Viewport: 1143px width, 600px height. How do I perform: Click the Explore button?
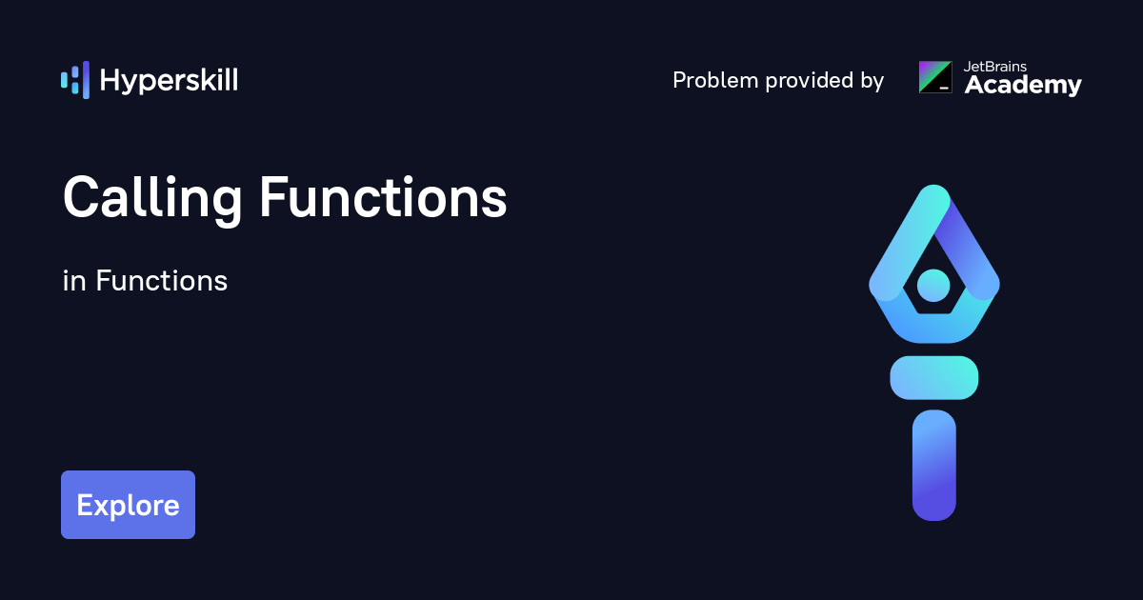tap(128, 505)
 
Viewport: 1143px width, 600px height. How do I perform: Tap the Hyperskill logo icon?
tap(75, 80)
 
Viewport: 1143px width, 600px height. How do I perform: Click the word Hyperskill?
tap(169, 81)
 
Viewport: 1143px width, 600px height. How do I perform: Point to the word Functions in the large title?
tap(383, 197)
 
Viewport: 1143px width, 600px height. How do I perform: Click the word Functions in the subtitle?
tap(161, 281)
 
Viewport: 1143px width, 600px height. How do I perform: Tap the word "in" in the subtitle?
tap(74, 281)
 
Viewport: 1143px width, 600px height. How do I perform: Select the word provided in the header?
tap(810, 81)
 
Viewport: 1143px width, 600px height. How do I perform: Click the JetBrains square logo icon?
tap(935, 77)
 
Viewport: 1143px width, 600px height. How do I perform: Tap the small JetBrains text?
tap(995, 67)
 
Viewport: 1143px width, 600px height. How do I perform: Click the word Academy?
tap(1023, 86)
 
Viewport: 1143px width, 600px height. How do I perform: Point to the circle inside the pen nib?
tap(933, 286)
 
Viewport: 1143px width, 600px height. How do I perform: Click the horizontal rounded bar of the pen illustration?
tap(934, 378)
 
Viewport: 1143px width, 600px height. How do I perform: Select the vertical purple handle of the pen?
tap(934, 466)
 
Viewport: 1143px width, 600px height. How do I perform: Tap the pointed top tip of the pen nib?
tap(934, 187)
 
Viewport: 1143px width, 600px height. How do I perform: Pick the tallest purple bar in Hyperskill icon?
tap(87, 80)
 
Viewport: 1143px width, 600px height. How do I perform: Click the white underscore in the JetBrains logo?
tap(944, 89)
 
